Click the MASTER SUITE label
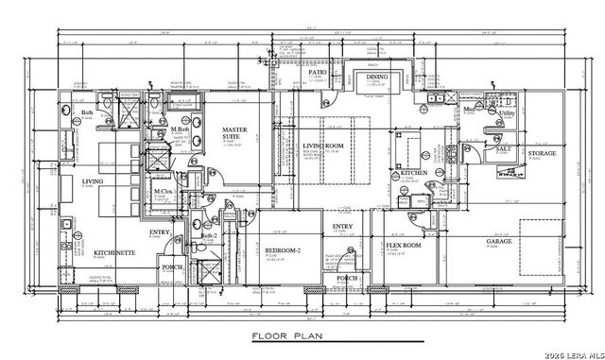point(235,133)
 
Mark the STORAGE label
point(542,152)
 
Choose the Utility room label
point(507,113)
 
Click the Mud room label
point(468,109)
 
